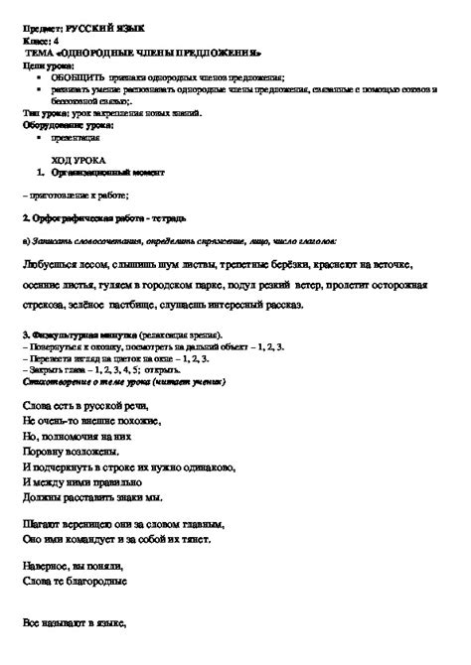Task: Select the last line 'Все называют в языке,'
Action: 76,626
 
